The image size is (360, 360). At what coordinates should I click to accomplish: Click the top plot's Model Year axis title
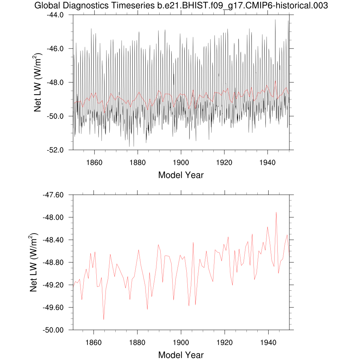click(x=181, y=175)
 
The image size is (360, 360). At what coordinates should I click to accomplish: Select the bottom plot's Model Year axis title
click(x=181, y=355)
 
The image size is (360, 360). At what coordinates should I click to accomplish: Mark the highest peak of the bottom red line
click(x=276, y=212)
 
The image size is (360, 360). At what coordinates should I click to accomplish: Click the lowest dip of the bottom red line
click(x=104, y=319)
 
